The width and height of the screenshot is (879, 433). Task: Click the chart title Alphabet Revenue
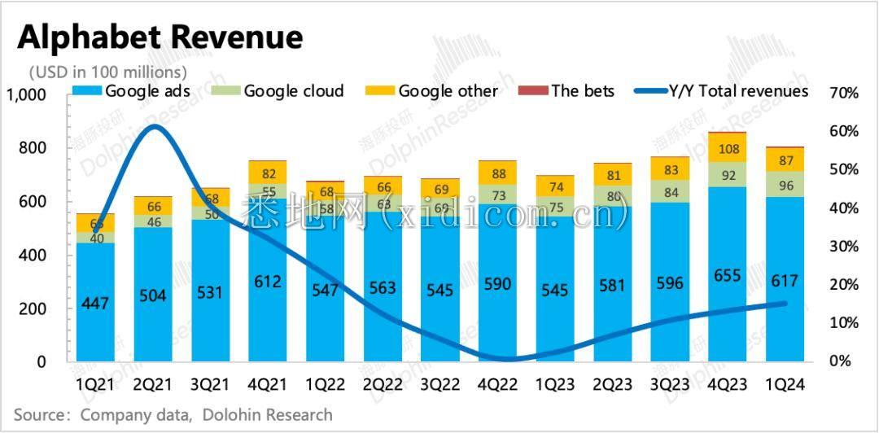pos(160,37)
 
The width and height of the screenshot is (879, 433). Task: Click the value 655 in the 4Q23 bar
pos(728,276)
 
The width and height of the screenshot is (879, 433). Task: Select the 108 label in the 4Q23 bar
pos(728,149)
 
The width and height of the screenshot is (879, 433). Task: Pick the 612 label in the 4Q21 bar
pos(267,282)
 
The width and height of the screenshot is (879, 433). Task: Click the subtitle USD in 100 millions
pos(107,72)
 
